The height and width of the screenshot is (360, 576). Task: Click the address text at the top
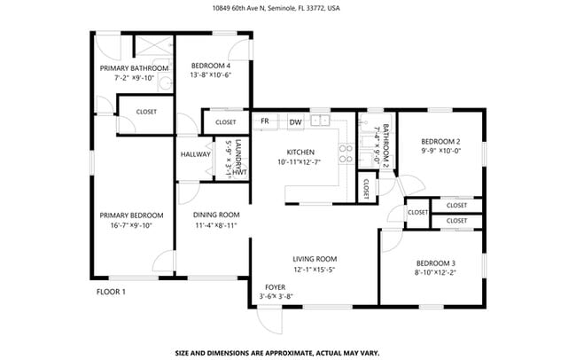click(288, 8)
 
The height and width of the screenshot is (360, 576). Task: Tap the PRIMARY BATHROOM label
click(134, 68)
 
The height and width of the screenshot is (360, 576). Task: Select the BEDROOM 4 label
click(211, 66)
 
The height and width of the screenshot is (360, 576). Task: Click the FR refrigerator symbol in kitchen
click(265, 121)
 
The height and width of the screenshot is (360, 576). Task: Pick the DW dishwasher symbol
click(295, 121)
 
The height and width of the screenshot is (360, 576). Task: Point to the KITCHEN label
click(302, 152)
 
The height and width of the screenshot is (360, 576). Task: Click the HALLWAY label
click(195, 154)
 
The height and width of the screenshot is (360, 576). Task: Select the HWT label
click(238, 173)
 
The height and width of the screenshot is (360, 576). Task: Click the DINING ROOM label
click(217, 215)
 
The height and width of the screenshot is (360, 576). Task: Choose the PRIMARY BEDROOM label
click(131, 215)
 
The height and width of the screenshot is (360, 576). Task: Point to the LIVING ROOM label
click(315, 259)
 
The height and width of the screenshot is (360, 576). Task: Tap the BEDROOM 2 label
click(440, 142)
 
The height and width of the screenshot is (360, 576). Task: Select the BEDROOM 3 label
click(435, 263)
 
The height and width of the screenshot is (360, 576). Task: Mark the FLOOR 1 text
click(111, 292)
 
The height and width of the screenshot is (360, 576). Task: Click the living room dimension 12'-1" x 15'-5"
click(315, 270)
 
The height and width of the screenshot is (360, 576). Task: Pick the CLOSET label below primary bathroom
click(146, 112)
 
